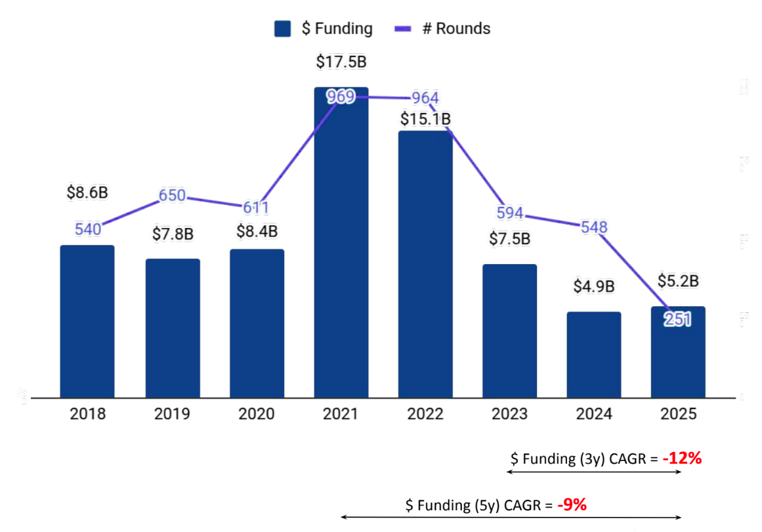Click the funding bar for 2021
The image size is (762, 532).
point(341,250)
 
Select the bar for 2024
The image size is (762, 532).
point(594,355)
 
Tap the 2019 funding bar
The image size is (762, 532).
point(173,328)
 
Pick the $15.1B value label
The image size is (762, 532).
point(426,119)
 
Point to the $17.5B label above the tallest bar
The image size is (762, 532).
point(341,62)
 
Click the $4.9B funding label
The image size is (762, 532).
point(594,287)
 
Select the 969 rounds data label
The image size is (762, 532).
point(341,97)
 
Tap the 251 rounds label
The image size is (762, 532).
point(677,319)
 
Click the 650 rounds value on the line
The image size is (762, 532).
point(173,196)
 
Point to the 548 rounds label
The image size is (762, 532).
point(594,227)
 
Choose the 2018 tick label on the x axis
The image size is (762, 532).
point(87,414)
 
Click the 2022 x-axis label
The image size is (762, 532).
point(425,414)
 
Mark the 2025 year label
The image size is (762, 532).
point(678,414)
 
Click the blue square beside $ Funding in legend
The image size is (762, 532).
point(283,29)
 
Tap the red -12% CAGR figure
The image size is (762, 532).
point(682,458)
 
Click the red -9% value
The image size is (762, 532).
point(572,505)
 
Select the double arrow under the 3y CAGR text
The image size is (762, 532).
point(594,472)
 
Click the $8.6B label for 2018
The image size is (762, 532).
point(87,193)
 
